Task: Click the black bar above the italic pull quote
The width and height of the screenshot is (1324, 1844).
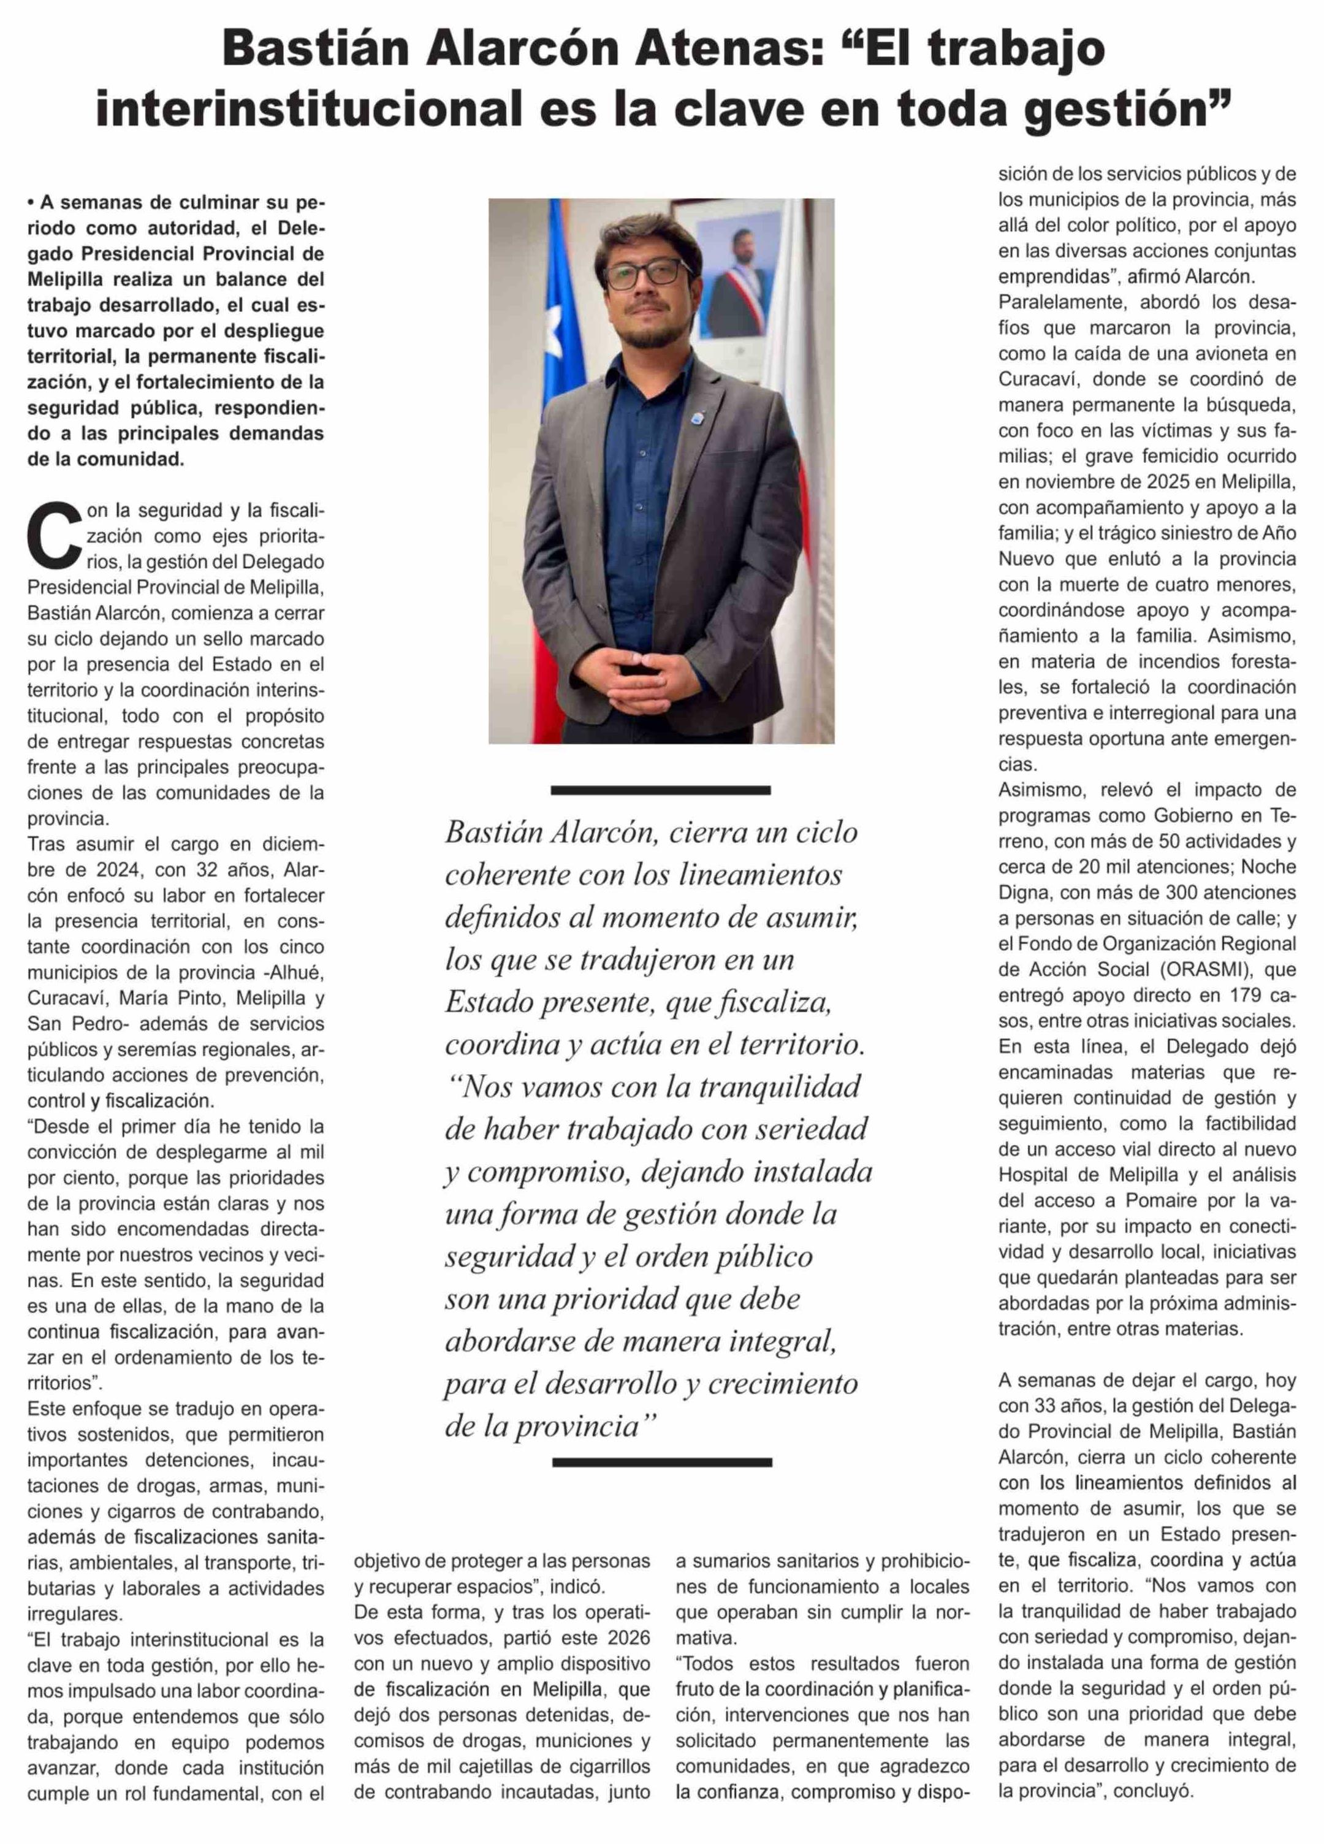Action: [x=660, y=790]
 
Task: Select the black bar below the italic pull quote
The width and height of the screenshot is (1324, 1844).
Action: [x=661, y=1462]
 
